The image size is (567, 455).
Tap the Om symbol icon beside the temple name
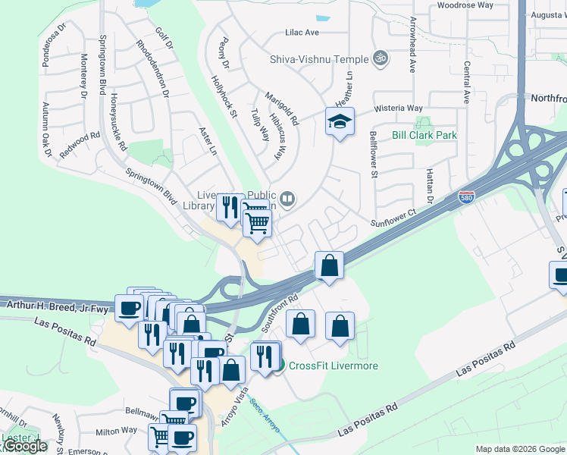tap(381, 58)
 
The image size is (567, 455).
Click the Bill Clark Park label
tap(424, 135)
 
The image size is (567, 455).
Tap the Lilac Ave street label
tap(302, 33)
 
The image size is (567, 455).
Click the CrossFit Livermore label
tap(333, 366)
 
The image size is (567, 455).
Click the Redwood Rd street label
tap(80, 144)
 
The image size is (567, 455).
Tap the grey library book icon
tap(287, 200)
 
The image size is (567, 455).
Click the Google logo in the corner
tap(24, 446)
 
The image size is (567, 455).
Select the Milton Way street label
tap(116, 431)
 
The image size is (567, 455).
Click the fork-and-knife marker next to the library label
tap(230, 207)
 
